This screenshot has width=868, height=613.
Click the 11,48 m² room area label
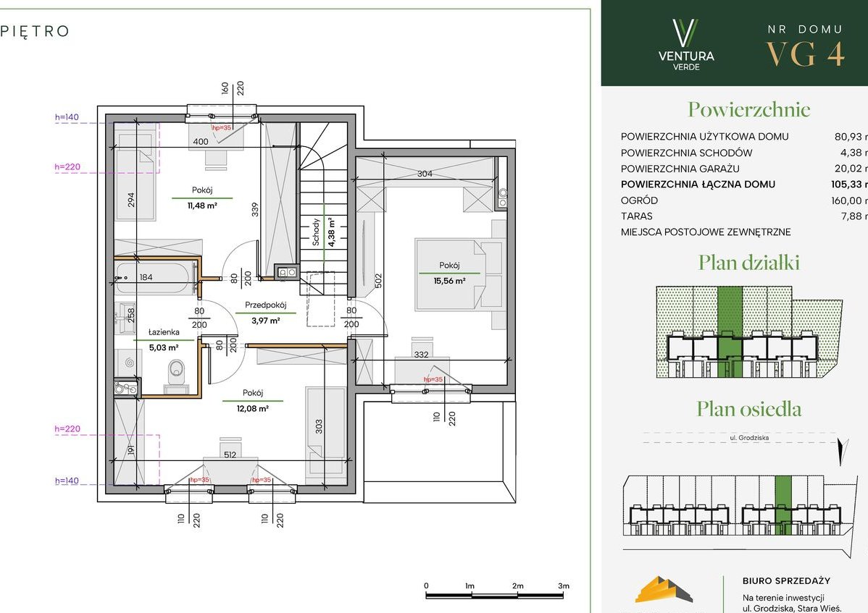[202, 206]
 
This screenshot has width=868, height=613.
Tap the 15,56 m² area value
[449, 281]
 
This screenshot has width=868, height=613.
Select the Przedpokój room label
[266, 305]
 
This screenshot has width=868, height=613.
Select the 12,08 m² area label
[254, 409]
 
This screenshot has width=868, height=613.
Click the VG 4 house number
[805, 54]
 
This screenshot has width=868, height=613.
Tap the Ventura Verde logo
[685, 45]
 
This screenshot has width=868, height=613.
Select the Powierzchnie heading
[748, 110]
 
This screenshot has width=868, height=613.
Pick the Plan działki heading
[748, 263]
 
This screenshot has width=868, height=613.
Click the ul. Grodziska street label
[748, 437]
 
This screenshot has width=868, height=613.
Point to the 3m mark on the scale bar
[564, 585]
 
